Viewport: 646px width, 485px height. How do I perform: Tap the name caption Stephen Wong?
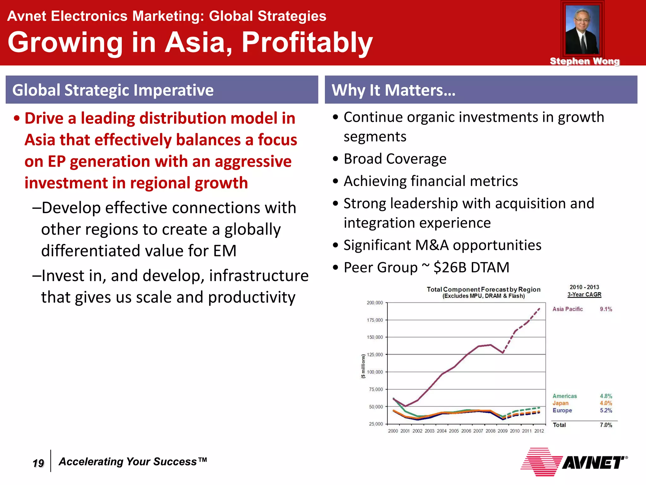coord(584,61)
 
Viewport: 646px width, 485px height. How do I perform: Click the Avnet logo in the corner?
coord(574,462)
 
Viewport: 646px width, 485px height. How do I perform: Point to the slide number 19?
coord(38,463)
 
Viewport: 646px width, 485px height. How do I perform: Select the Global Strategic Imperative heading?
coord(113,90)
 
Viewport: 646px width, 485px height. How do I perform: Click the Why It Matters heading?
coord(393,90)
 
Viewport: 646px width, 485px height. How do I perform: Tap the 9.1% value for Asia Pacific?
coord(606,309)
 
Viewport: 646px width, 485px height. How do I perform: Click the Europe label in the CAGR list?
coord(562,410)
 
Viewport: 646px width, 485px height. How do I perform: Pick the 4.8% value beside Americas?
coord(606,396)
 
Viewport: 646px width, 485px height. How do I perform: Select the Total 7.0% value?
coord(606,425)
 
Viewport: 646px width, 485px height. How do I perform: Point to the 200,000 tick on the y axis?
coord(375,302)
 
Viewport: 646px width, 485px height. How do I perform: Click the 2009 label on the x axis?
coord(502,431)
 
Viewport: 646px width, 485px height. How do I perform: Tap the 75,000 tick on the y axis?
coord(376,389)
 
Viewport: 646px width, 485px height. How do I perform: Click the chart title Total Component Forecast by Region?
coord(483,289)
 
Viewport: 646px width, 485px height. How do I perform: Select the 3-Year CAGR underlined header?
coord(584,295)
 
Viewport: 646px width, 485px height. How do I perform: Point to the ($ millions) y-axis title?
coord(363,366)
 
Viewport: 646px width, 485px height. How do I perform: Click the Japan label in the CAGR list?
coord(560,403)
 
